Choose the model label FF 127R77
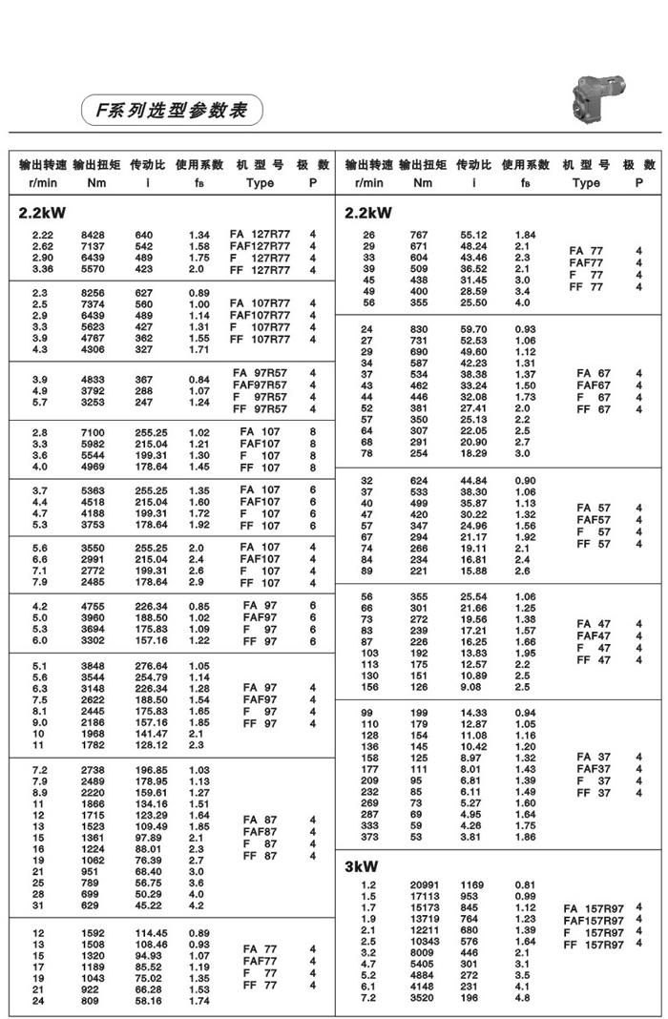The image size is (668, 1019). pyautogui.click(x=261, y=270)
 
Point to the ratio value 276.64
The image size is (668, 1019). pyautogui.click(x=151, y=666)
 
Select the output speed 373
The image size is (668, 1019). pyautogui.click(x=368, y=837)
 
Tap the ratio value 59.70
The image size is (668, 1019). pyautogui.click(x=474, y=329)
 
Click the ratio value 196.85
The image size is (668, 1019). pyautogui.click(x=151, y=769)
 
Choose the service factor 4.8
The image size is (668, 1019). pyautogui.click(x=522, y=998)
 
